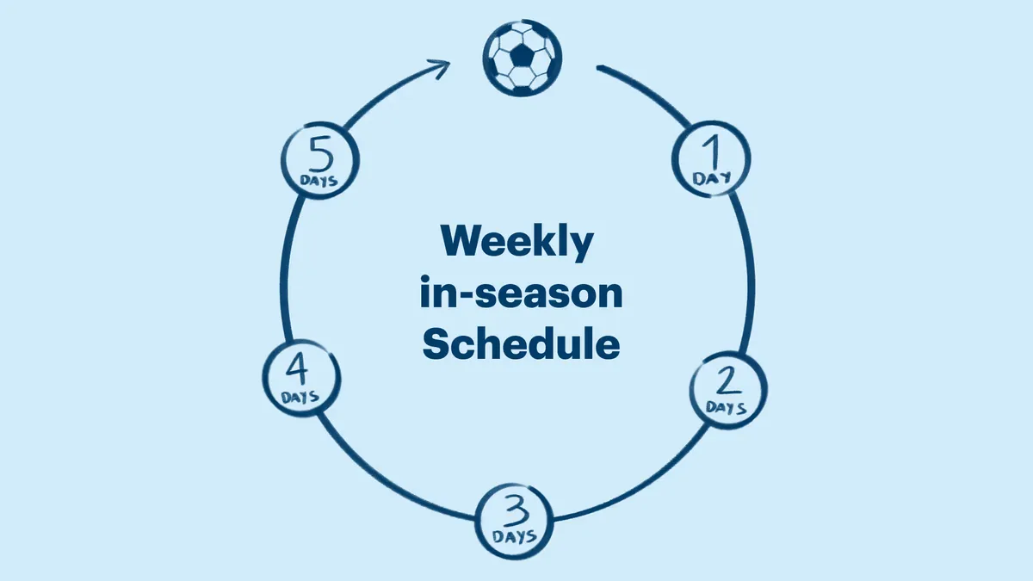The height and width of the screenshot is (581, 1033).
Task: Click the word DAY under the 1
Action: (x=711, y=178)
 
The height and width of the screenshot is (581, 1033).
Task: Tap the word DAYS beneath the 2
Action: (x=727, y=406)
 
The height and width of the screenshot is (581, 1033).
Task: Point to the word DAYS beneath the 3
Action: (x=516, y=535)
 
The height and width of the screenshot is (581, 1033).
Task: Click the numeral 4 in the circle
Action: (x=298, y=370)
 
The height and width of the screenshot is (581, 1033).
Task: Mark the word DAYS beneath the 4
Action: (x=300, y=397)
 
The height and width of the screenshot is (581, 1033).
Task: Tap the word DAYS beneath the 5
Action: (x=319, y=182)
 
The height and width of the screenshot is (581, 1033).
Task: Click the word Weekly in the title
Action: (x=517, y=244)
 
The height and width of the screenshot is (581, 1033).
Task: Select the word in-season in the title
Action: (x=521, y=294)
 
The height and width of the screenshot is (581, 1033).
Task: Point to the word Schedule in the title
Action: (x=522, y=344)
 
